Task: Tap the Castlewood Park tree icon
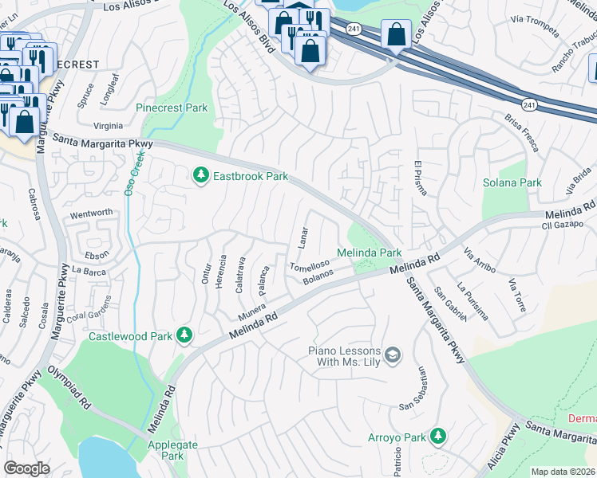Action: [185, 335]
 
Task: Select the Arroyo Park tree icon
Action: [437, 436]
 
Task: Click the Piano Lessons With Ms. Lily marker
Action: [392, 355]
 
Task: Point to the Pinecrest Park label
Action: [172, 108]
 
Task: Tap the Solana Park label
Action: [512, 182]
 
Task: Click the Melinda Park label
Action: [368, 253]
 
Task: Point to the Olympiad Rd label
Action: [69, 388]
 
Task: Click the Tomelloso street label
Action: [309, 266]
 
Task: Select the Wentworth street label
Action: [91, 214]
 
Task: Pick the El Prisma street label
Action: [417, 179]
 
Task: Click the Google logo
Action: [26, 468]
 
